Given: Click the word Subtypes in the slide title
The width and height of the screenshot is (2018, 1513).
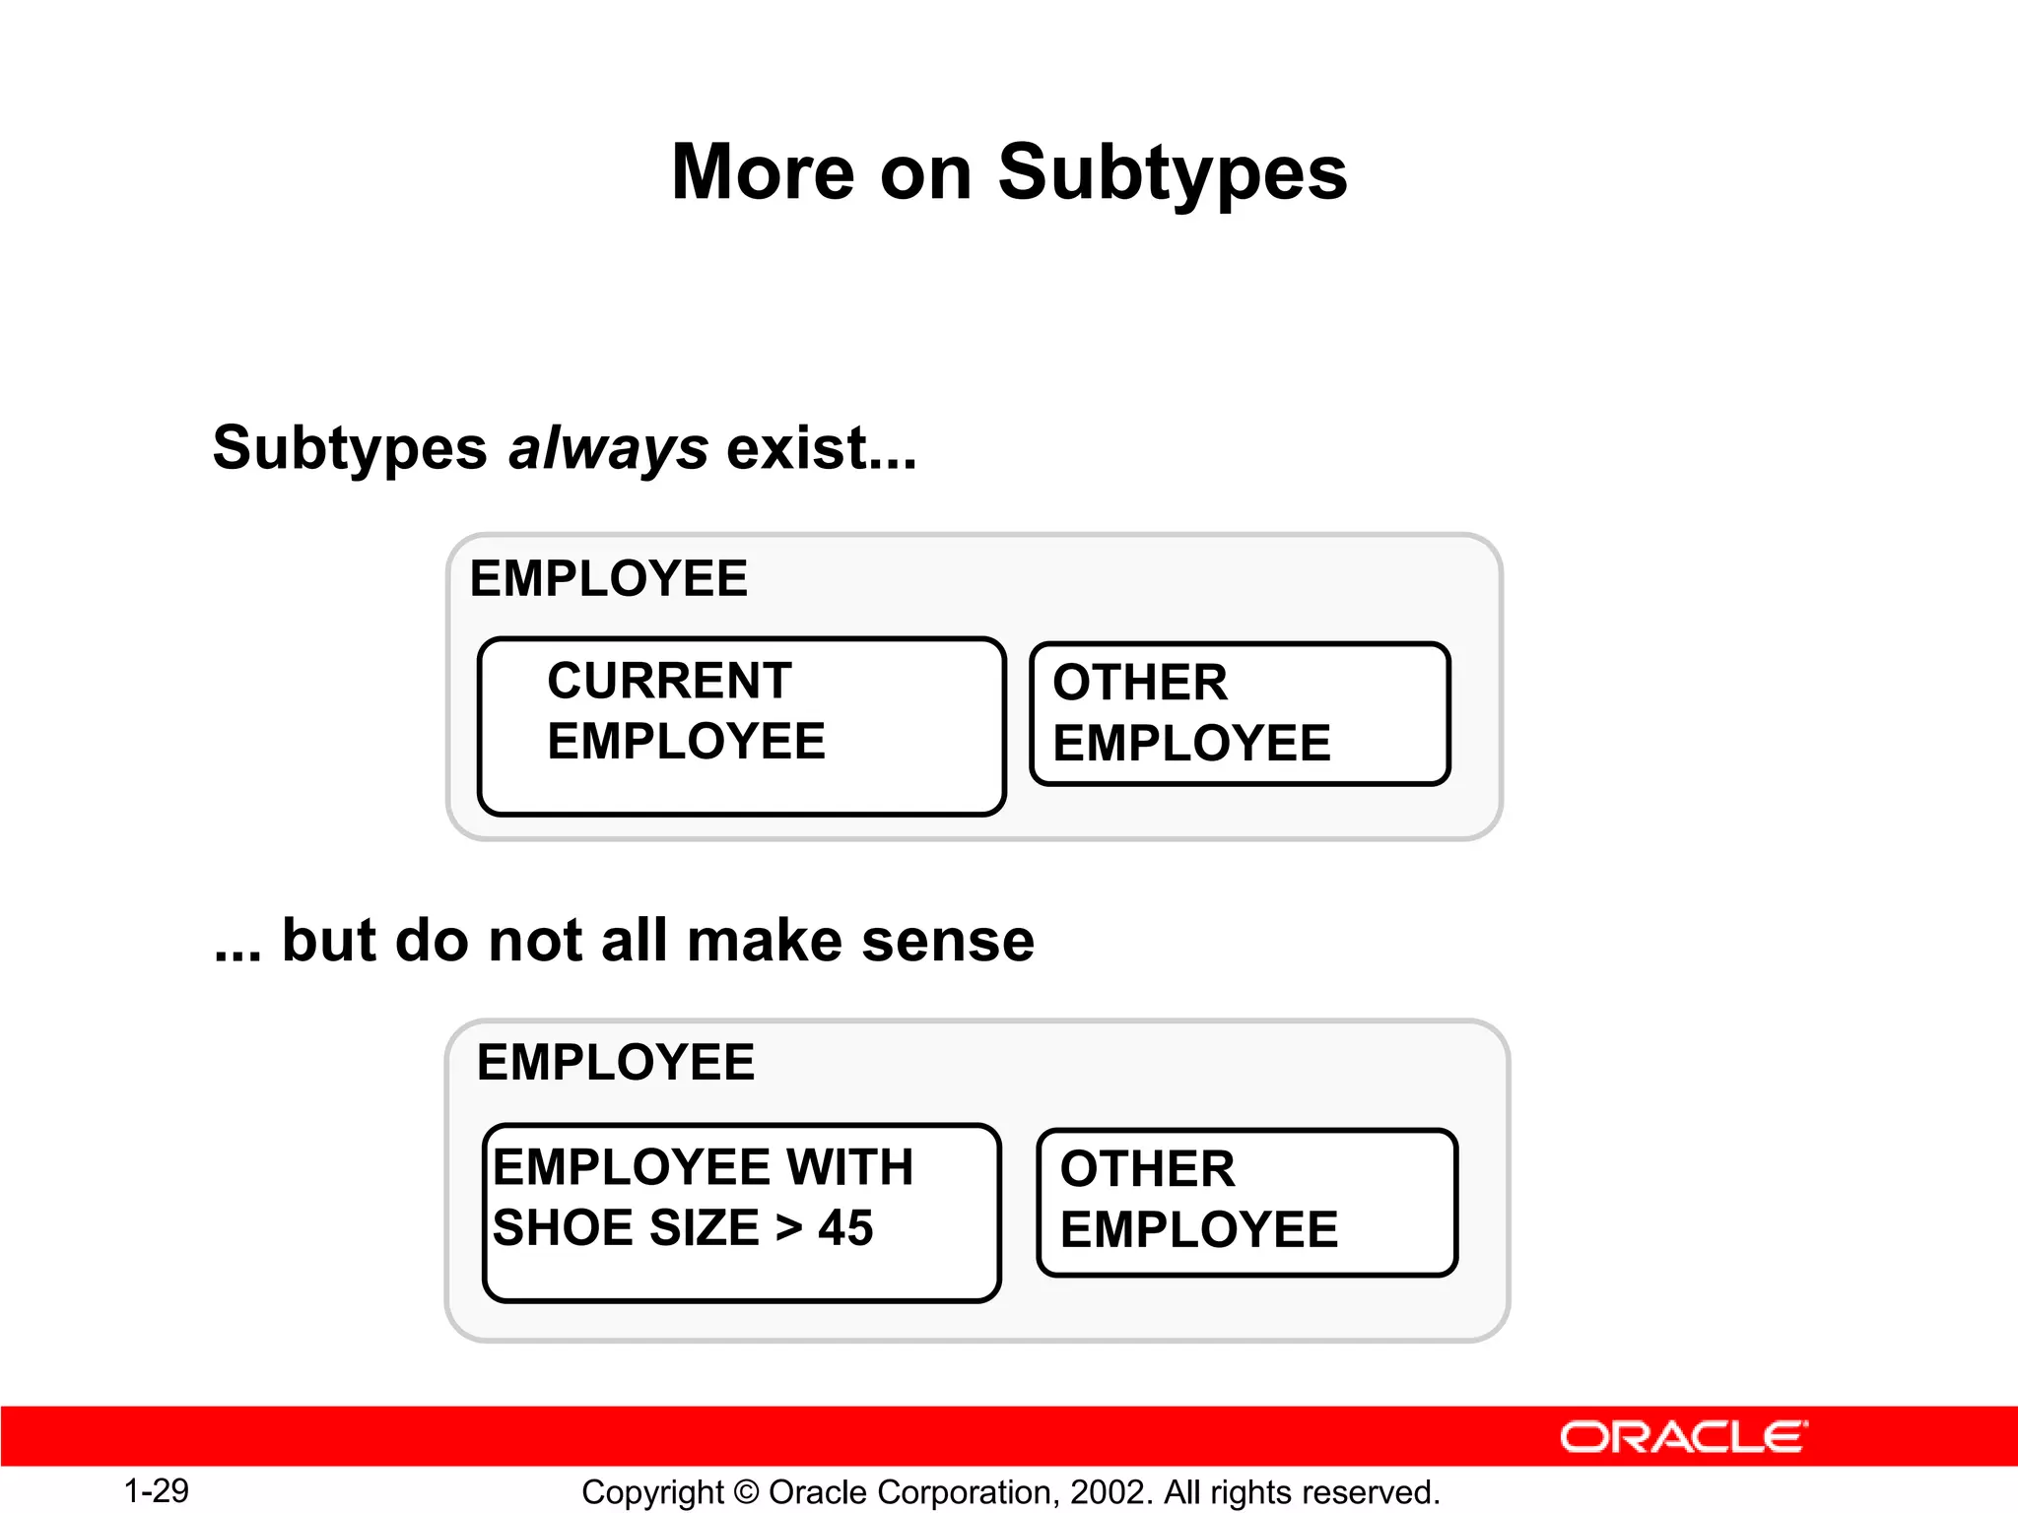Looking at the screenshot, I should point(1172,173).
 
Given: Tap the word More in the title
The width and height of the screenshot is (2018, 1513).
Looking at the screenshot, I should point(763,173).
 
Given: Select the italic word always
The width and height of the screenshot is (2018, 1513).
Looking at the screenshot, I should point(608,448).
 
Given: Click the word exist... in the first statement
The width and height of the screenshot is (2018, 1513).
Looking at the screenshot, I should point(821,448).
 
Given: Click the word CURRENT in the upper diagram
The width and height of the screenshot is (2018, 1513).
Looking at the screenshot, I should point(669,681).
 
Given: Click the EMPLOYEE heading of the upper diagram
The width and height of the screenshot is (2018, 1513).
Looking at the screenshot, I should point(608,578).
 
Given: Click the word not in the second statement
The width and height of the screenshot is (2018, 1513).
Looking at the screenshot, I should point(537,940).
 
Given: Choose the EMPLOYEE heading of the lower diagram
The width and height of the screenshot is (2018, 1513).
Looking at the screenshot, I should point(616,1063).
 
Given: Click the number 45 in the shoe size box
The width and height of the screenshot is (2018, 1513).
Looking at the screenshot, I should point(845,1228).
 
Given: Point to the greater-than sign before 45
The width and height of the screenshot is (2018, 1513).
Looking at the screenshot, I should point(789,1228).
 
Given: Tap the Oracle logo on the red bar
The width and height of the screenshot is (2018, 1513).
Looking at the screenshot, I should point(1683,1437).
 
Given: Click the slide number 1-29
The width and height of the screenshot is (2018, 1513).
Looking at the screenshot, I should point(156,1490).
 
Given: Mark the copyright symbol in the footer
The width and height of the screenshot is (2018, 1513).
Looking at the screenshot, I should point(746,1492).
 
